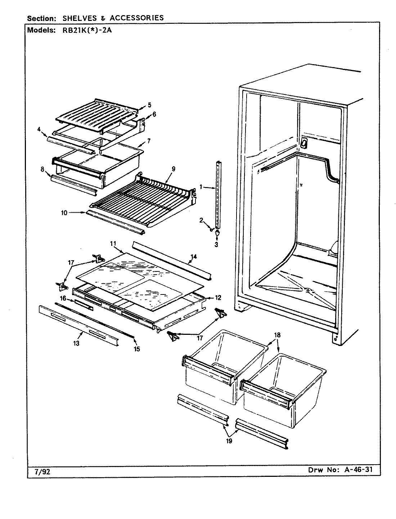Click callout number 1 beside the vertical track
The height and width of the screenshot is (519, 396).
pyautogui.click(x=201, y=187)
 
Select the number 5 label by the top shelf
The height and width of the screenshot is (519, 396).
pyautogui.click(x=149, y=106)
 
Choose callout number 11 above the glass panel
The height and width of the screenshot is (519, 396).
pyautogui.click(x=113, y=244)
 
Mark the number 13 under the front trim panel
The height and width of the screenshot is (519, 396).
pyautogui.click(x=76, y=343)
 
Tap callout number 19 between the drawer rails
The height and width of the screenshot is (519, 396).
pyautogui.click(x=229, y=440)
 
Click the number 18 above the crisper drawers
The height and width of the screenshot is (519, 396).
pyautogui.click(x=277, y=335)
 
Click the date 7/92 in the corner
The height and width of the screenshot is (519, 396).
pyautogui.click(x=35, y=471)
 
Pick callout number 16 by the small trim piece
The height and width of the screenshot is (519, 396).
pyautogui.click(x=63, y=298)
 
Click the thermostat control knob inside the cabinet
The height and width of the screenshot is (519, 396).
pyautogui.click(x=303, y=143)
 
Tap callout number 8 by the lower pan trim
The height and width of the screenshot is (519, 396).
pyautogui.click(x=42, y=169)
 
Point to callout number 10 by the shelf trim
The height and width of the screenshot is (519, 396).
pyautogui.click(x=64, y=213)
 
